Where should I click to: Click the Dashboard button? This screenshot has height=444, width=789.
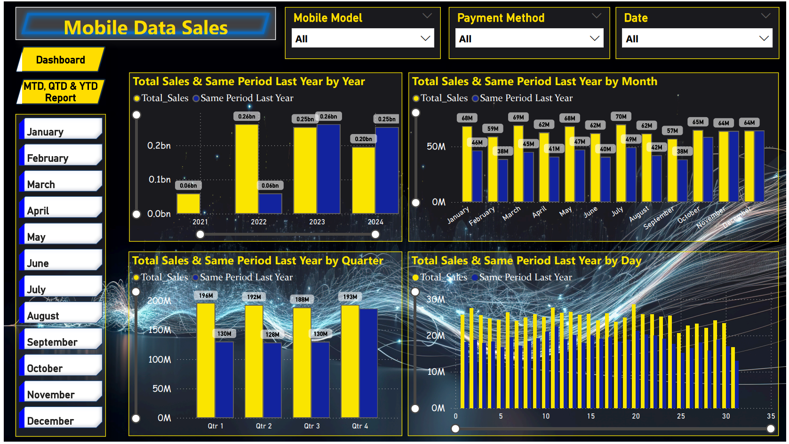61,60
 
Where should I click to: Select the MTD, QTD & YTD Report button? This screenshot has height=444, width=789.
61,92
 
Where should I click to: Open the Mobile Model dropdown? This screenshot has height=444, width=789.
362,39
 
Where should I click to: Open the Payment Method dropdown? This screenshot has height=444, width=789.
529,39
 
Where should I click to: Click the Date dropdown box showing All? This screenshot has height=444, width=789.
697,39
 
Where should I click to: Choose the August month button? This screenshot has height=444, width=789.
61,315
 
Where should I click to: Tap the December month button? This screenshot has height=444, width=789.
61,420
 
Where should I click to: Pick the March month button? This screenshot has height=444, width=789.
61,184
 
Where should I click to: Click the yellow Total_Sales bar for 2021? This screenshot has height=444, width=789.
188,204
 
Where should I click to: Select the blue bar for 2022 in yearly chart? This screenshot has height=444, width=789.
270,204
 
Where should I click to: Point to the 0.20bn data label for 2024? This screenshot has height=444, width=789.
363,139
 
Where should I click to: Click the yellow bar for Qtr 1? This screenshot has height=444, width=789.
206,360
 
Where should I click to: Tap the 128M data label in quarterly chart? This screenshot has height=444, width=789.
272,334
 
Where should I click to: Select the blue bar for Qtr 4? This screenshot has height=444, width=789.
368,362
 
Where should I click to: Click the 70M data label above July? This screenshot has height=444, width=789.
621,117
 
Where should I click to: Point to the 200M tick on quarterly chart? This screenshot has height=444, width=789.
159,301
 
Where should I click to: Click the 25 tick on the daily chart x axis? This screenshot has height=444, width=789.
681,416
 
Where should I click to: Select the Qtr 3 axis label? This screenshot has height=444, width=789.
311,426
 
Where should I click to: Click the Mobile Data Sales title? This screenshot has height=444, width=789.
145,28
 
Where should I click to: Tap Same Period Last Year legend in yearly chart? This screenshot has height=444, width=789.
243,98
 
